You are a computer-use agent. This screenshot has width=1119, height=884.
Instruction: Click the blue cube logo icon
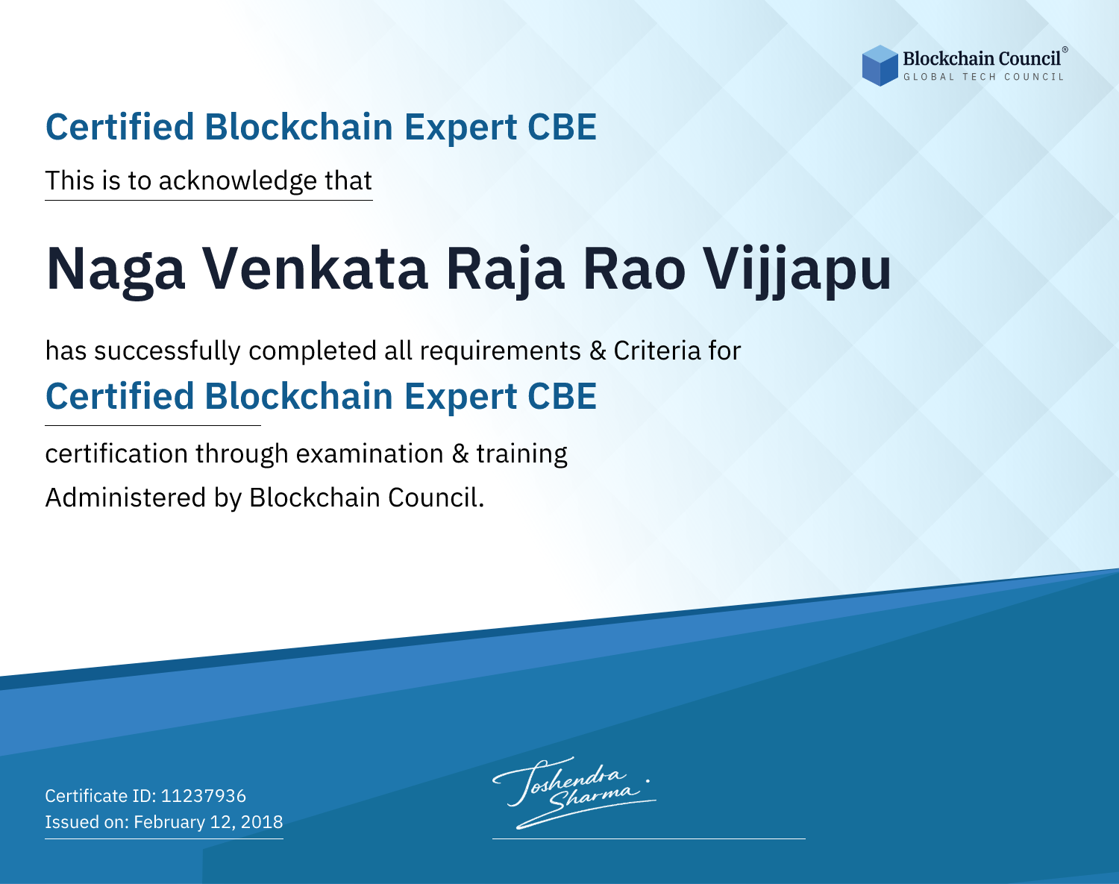click(x=880, y=66)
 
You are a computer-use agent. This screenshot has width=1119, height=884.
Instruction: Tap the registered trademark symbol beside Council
click(x=1065, y=50)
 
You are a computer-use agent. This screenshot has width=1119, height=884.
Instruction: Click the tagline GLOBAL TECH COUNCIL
click(x=983, y=77)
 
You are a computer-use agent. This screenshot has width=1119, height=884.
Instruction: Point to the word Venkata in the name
click(x=315, y=269)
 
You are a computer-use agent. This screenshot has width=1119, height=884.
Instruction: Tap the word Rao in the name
click(x=634, y=269)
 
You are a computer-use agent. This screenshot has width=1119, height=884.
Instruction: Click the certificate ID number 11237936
click(x=204, y=795)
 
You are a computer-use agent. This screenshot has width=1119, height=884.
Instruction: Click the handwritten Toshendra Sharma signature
click(x=574, y=792)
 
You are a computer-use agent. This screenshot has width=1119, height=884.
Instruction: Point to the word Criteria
click(x=656, y=351)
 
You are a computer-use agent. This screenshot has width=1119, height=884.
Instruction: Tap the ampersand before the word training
click(x=460, y=454)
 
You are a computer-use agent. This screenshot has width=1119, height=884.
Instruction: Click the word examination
click(x=370, y=454)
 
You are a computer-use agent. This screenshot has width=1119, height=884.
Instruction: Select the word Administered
click(x=126, y=498)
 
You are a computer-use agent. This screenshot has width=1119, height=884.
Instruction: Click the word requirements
click(x=501, y=351)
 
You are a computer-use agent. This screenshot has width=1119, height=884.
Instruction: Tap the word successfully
click(x=167, y=351)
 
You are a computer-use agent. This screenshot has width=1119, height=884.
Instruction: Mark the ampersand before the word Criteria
click(x=598, y=351)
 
